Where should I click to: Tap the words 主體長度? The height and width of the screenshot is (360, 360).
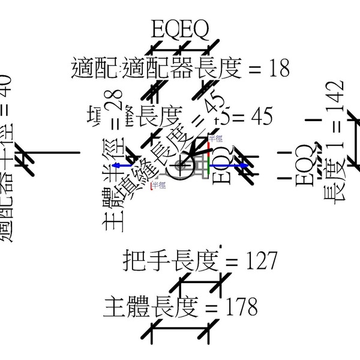tap(151, 307)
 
